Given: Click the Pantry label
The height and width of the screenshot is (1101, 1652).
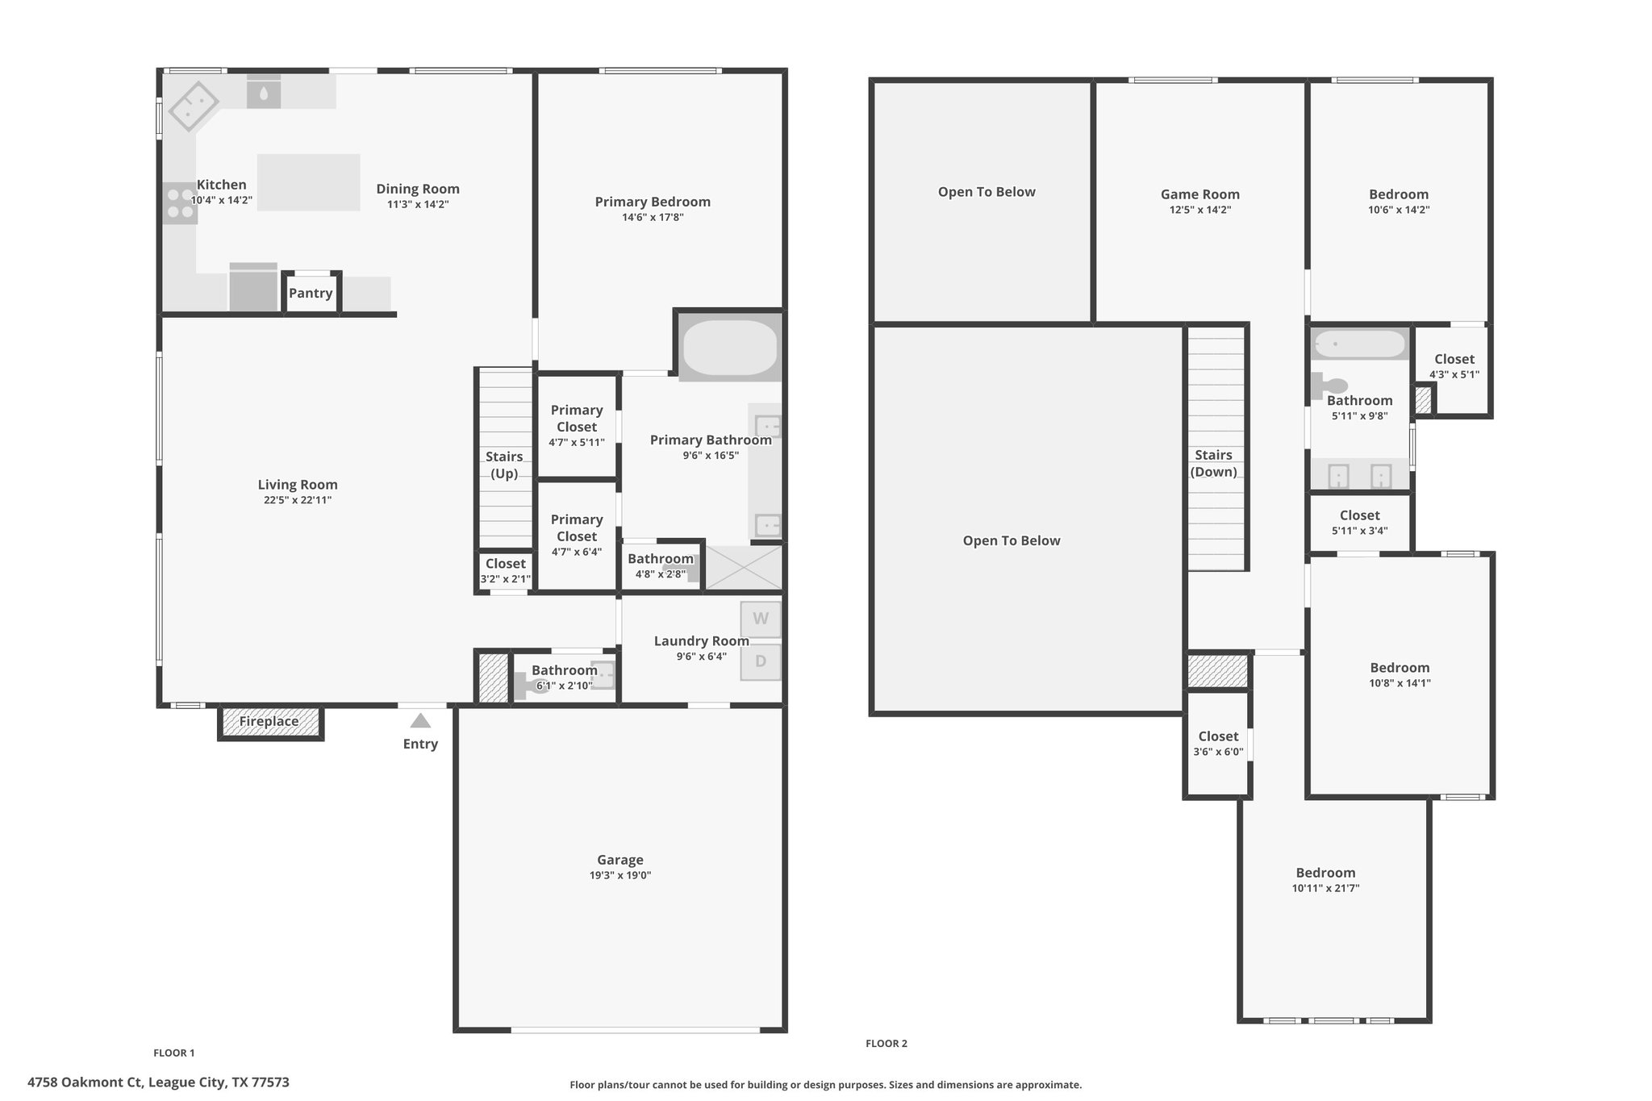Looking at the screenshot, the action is tap(311, 293).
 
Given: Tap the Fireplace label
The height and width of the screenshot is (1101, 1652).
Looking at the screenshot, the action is tap(269, 721).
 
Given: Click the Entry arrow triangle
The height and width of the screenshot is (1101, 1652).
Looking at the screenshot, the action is tap(420, 720).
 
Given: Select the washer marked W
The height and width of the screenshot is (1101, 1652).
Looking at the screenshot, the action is tap(761, 619).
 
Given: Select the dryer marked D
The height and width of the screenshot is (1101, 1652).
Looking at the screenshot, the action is tap(761, 661).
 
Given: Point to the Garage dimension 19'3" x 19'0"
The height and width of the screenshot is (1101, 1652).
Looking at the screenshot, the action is tap(620, 875).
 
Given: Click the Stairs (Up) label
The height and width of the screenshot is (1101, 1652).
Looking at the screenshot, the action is tap(504, 465).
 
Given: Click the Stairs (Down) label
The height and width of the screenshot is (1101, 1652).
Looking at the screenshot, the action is tap(1213, 463).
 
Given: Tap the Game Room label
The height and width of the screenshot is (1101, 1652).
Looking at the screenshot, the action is tap(1200, 194).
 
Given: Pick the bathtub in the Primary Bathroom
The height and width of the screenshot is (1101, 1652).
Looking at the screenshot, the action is tap(730, 347).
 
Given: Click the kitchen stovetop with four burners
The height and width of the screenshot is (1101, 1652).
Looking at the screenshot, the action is tap(180, 203).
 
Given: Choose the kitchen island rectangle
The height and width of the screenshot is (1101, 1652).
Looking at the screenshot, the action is tap(309, 182).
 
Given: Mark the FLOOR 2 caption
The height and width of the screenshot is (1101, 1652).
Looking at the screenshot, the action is tap(886, 1043).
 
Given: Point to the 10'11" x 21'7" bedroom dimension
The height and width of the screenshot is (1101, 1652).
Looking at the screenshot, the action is tap(1326, 888).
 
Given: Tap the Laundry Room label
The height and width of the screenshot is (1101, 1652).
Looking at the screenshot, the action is tap(702, 640).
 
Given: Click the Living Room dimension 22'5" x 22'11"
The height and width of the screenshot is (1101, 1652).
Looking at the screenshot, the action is tap(298, 500).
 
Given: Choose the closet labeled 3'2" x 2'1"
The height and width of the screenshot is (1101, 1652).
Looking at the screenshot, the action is tap(506, 571).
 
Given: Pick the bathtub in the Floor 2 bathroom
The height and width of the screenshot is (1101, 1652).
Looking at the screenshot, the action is tap(1360, 344).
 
